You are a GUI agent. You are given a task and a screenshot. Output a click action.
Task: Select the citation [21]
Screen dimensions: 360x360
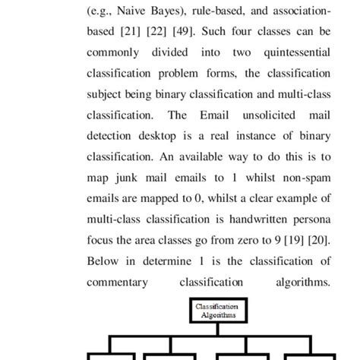point(137,33)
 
